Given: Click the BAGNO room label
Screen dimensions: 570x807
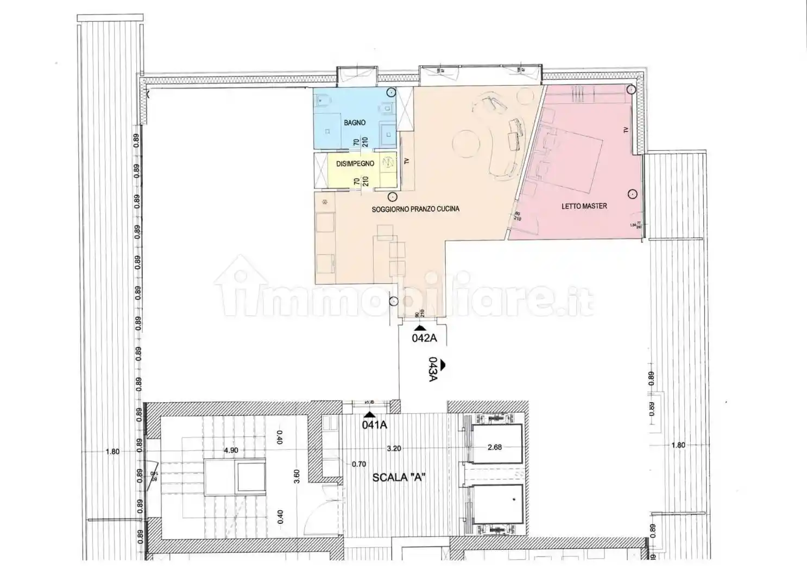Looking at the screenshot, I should click(354, 123).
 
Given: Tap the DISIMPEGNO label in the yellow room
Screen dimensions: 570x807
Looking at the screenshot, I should click(355, 164).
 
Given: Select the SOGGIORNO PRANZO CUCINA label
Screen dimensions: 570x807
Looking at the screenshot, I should click(415, 208).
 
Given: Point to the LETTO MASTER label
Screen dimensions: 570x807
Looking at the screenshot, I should click(584, 206).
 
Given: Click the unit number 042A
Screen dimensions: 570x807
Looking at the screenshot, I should click(424, 339).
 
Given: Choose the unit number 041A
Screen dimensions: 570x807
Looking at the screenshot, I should click(374, 425).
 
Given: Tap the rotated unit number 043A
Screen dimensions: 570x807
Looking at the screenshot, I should click(433, 370).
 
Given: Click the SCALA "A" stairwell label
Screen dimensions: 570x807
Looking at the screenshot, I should click(398, 478).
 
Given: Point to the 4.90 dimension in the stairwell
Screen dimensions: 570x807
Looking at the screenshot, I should click(231, 450).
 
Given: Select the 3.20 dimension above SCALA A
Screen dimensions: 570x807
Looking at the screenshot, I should click(394, 448).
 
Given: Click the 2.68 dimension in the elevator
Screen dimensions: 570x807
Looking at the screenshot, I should click(494, 447).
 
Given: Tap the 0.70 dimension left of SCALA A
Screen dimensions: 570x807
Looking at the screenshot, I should click(359, 464).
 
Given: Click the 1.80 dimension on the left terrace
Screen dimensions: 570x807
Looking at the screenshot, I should click(112, 451).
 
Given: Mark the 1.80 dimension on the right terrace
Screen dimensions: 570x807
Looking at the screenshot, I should click(678, 445).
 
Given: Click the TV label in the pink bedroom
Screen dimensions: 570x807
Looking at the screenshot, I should click(626, 130).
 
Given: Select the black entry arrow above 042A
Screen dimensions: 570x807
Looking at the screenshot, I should click(420, 328).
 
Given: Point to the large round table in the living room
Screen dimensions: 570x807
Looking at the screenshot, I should click(466, 143).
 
